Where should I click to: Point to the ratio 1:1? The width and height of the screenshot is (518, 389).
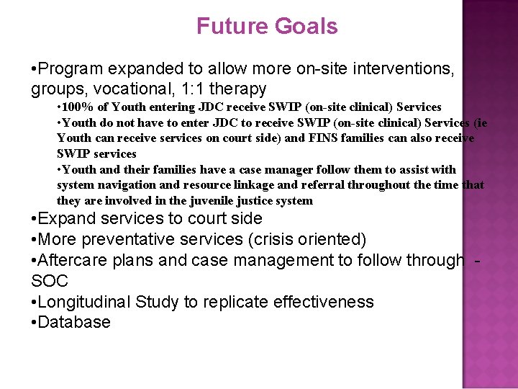(194, 89)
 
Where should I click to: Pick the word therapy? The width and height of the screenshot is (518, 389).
(240, 89)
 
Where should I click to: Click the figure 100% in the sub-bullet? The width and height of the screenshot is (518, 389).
(78, 107)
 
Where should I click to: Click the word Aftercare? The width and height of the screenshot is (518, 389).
(74, 259)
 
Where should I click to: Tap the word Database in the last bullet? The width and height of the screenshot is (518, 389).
(74, 322)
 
